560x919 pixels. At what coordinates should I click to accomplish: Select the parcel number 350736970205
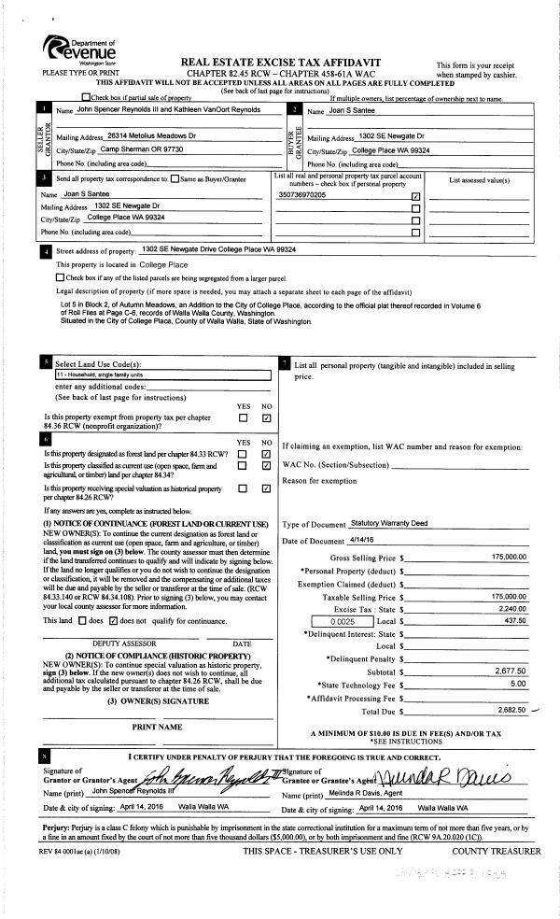(302, 195)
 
